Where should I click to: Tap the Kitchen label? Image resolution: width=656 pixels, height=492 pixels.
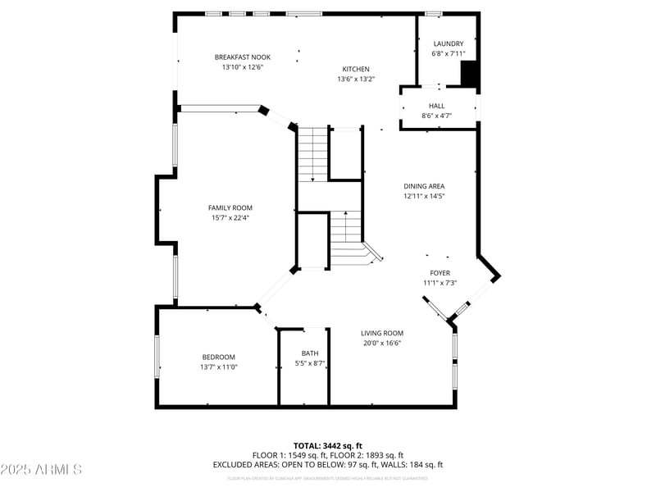[355, 69]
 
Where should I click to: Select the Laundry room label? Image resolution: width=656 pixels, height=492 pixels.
[449, 43]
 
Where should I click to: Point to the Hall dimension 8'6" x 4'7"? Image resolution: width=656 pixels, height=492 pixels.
[436, 116]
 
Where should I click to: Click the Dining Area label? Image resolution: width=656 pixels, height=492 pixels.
[424, 186]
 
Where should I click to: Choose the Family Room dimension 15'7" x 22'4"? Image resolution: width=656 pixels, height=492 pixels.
[230, 218]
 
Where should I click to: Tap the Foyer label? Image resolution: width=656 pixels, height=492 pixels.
[440, 273]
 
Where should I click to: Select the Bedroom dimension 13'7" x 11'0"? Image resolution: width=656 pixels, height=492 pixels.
[219, 367]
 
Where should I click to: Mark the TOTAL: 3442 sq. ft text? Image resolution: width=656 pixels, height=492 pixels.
[327, 445]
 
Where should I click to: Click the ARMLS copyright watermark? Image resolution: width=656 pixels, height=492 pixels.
[41, 470]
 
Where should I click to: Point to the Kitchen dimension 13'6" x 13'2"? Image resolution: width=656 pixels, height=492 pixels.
[355, 80]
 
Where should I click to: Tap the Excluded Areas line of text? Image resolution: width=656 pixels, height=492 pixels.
[327, 465]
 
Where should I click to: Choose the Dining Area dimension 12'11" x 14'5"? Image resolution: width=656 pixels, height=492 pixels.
[424, 197]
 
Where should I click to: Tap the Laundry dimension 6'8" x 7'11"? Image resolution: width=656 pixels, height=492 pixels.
[449, 54]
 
